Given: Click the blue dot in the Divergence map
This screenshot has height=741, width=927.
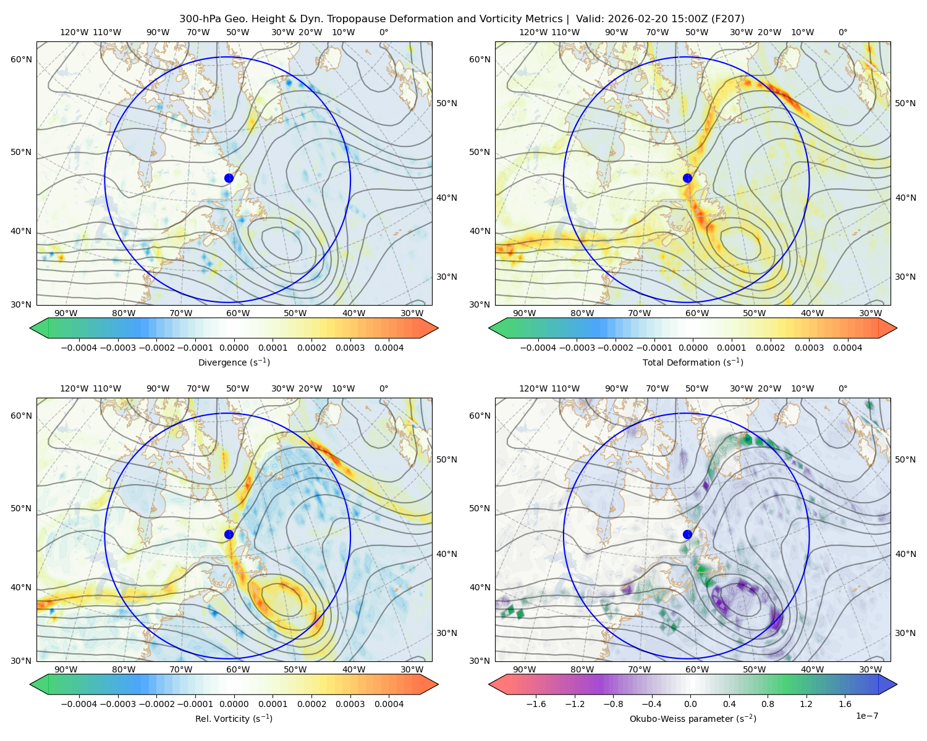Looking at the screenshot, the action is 229,178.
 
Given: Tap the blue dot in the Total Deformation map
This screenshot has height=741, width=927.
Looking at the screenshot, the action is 687,178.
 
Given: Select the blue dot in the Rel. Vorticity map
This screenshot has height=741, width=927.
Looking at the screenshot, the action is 229,534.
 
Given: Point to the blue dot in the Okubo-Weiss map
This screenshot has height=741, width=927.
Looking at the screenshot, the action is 687,534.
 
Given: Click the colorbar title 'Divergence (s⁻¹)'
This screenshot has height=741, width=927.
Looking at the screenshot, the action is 234,362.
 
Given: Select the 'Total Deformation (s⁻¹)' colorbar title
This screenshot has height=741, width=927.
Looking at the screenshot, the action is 693,362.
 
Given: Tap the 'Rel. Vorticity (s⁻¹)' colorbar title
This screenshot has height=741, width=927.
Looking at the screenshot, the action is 234,719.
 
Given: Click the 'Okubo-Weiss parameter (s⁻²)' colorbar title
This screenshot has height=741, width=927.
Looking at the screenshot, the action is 693,719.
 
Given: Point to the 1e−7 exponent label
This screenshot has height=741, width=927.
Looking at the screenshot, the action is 866,716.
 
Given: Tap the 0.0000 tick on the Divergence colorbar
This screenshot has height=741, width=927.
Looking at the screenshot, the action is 234,348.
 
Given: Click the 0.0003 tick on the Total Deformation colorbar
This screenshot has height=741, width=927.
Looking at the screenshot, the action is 809,348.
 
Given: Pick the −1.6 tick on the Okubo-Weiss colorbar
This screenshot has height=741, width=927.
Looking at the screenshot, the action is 536,704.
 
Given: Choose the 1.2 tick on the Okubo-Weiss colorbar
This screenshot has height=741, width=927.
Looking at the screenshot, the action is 806,704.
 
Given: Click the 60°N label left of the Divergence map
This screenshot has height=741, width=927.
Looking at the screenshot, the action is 21,59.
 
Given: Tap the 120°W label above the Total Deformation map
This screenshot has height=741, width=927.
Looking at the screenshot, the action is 533,32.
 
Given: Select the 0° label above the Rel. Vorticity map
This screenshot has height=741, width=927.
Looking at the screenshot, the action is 384,388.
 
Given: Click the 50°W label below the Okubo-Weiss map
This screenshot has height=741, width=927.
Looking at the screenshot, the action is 754,669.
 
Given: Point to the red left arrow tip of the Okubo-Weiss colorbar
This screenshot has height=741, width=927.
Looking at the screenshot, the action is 489,684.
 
